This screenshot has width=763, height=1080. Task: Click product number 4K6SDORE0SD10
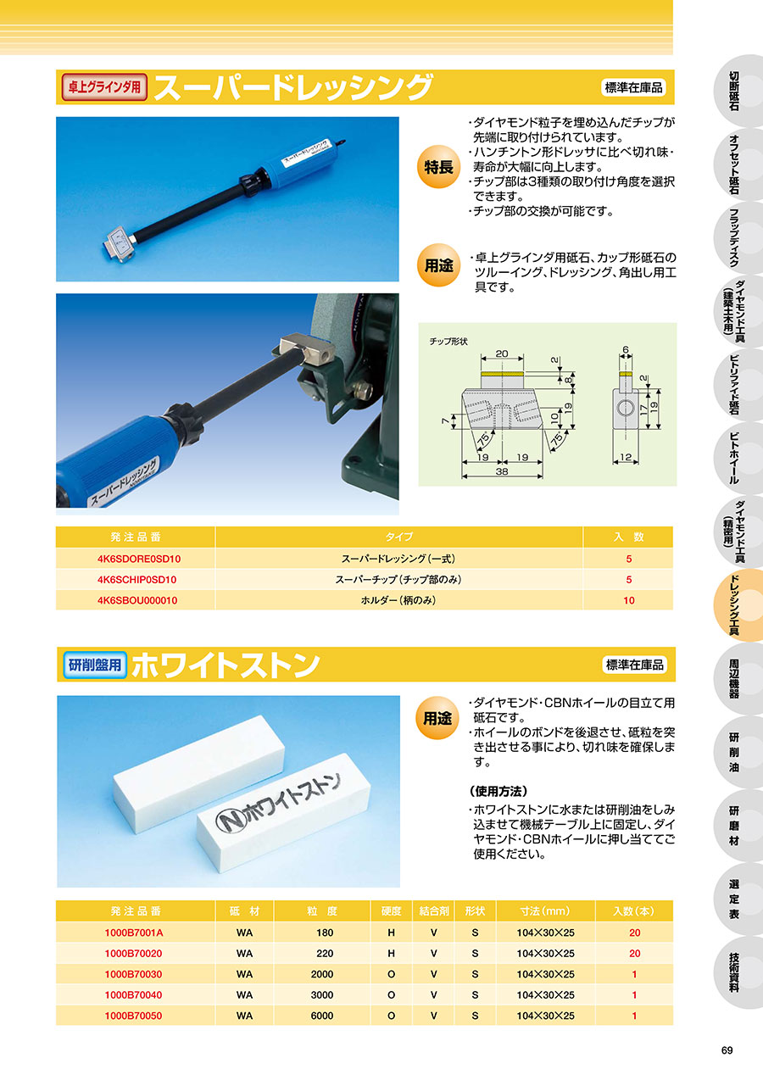[x=139, y=559]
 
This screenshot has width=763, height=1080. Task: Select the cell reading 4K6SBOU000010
[x=137, y=600]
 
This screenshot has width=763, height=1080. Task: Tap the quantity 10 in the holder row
[x=628, y=600]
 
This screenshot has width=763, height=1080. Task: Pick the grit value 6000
[x=321, y=1016]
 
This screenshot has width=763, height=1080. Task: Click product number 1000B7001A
[x=134, y=933]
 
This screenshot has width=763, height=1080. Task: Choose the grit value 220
[x=325, y=953]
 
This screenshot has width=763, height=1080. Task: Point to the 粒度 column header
[x=321, y=911]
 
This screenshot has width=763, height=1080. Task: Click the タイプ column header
[x=398, y=537]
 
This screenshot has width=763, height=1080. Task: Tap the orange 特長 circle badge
[x=438, y=167]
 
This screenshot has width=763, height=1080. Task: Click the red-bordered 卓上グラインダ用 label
[x=104, y=87]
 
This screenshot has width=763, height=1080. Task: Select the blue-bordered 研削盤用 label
[x=95, y=665]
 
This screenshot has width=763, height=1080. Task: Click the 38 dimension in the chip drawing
[x=502, y=471]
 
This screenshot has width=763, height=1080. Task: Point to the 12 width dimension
[x=625, y=457]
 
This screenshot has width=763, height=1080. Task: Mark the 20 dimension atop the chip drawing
[x=502, y=354]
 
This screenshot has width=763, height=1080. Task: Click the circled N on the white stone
[x=231, y=819]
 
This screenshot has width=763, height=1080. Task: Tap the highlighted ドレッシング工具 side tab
[x=734, y=605]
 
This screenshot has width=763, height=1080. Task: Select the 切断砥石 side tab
[x=734, y=91]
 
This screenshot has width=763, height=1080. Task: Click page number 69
[x=727, y=1049]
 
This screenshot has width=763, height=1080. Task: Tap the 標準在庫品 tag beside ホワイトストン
[x=635, y=665]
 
